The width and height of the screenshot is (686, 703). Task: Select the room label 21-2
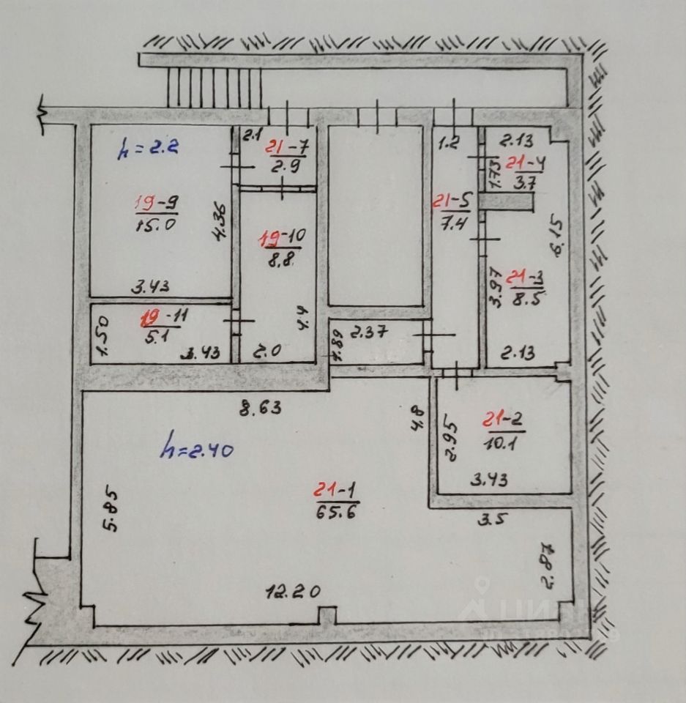pos(504,420)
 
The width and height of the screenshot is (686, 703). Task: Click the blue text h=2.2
pos(149,149)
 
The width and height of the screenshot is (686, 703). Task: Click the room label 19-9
pos(156,201)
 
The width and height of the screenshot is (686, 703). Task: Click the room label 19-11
pos(160,319)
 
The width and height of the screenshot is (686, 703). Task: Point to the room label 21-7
pos(287,146)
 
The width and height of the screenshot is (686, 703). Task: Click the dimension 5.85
pos(111,510)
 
